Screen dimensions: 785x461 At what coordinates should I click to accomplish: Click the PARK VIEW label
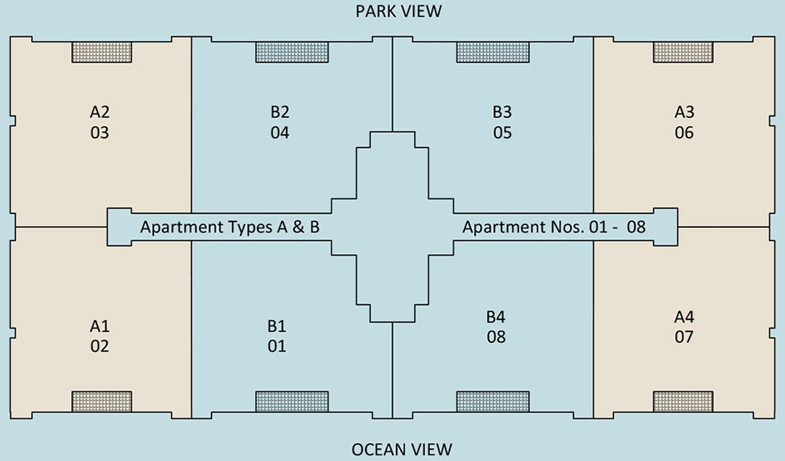[x=399, y=12]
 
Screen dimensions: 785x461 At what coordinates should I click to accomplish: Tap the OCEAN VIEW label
[x=402, y=449]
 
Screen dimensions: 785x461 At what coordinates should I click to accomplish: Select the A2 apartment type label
[x=99, y=112]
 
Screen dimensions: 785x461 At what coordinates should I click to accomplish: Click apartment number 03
[x=99, y=133]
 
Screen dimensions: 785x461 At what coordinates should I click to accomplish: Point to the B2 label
[x=280, y=112]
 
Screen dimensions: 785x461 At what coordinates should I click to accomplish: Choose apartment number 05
[x=502, y=133]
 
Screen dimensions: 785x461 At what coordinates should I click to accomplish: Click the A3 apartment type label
[x=684, y=112]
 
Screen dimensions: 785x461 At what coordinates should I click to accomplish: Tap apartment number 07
[x=684, y=337]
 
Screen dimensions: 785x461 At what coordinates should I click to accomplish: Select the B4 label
[x=496, y=317]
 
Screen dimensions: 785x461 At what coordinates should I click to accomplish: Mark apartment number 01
[x=277, y=346]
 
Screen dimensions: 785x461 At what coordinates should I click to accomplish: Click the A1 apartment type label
[x=99, y=326]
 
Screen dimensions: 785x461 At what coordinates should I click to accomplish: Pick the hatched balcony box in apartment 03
[x=102, y=52]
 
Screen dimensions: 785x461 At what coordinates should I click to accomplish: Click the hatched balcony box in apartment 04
[x=292, y=52]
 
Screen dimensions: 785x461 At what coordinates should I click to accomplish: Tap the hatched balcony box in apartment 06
[x=683, y=52]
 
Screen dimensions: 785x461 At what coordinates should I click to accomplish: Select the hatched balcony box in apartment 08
[x=492, y=401]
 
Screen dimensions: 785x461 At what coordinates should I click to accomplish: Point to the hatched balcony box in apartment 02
[x=102, y=401]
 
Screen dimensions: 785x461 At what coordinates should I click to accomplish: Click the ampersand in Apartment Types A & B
[x=298, y=227]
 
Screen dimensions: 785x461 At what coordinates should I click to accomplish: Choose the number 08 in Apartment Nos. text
[x=636, y=227]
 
